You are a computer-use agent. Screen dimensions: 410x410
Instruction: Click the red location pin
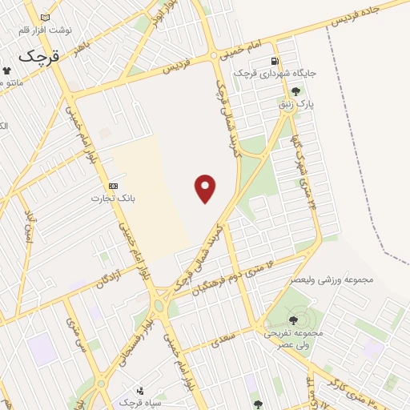click(x=206, y=187)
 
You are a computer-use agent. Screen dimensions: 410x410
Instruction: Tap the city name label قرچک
click(x=38, y=56)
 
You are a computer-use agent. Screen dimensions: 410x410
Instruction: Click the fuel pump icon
click(x=275, y=61)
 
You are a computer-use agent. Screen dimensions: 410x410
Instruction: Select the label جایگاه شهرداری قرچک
click(x=275, y=73)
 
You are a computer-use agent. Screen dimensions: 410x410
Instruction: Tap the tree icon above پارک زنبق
click(x=297, y=91)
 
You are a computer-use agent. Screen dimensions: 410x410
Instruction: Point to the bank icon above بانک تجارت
click(x=113, y=185)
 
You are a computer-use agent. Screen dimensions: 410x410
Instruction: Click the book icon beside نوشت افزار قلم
click(x=44, y=18)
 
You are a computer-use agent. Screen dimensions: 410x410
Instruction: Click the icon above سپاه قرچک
click(x=142, y=391)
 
